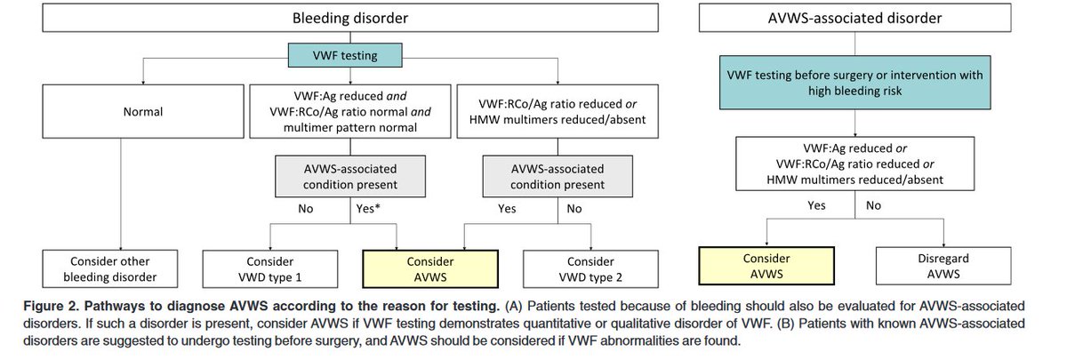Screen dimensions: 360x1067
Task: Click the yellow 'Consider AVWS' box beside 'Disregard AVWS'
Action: click(766, 266)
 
